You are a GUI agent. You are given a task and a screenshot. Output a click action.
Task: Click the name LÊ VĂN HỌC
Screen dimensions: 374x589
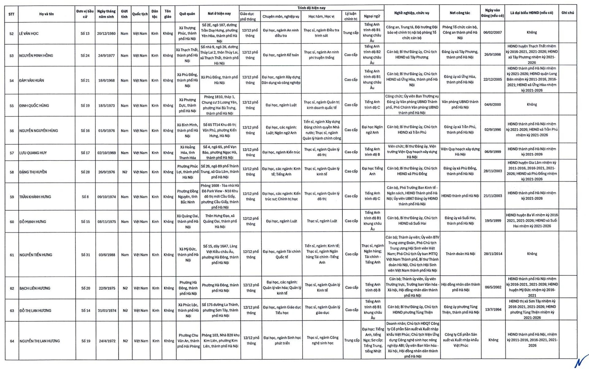[29, 33]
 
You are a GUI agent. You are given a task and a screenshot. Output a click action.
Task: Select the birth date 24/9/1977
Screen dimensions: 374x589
[106, 56]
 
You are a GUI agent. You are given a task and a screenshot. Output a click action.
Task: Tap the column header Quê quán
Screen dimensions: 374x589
[187, 14]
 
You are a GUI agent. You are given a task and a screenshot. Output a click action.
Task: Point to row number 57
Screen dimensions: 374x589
[12, 153]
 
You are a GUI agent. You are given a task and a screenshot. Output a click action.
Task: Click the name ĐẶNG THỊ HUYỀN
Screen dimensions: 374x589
[33, 172]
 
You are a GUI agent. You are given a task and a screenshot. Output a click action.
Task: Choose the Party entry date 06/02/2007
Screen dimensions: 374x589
[492, 32]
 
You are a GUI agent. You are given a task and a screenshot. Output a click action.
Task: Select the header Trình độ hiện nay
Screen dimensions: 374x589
[311, 8]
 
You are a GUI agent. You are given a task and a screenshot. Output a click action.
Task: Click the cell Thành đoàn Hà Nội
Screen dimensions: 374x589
[460, 254]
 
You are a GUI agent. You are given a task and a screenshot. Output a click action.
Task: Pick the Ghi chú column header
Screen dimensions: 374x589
[568, 13]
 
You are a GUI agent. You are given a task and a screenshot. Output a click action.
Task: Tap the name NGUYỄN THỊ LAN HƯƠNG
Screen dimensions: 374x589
[40, 341]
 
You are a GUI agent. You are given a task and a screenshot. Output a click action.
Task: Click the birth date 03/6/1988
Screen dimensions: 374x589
[107, 255]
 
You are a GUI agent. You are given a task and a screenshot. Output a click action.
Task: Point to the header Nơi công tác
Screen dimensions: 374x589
[460, 13]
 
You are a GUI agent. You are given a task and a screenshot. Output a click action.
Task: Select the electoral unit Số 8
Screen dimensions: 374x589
[85, 197]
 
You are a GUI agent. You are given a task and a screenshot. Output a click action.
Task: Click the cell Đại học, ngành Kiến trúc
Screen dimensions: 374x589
[281, 152]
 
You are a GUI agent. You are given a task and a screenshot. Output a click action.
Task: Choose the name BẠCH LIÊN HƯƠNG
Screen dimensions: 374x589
[35, 288]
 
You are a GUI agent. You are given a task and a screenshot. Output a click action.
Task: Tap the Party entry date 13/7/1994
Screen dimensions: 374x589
[493, 309]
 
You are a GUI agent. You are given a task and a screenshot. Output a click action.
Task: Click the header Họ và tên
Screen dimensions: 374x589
[46, 14]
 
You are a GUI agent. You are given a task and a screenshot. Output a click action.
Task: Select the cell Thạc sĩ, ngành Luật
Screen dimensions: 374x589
[322, 221]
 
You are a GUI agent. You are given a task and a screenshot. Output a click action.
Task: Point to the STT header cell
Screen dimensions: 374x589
[11, 14]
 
